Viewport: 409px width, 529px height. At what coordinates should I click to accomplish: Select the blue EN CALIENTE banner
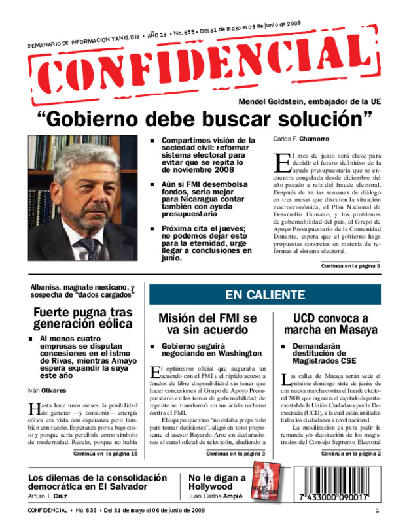(x=264, y=295)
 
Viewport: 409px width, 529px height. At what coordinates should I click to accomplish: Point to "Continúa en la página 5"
(x=350, y=267)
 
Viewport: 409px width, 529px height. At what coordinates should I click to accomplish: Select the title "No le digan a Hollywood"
(x=217, y=482)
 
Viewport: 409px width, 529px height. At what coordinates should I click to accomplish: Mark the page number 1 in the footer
(x=378, y=511)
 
